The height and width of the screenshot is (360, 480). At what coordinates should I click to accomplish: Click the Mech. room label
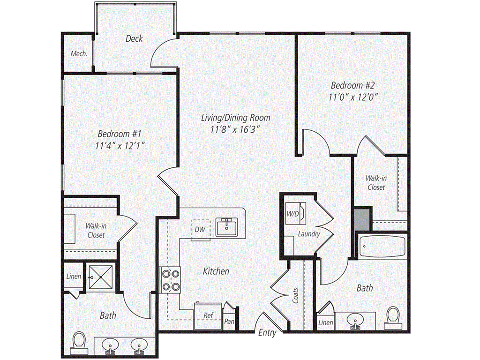(x=79, y=54)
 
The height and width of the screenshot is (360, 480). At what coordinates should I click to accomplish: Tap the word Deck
(x=134, y=39)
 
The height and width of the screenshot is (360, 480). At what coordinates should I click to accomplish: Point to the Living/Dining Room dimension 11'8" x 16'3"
(x=235, y=130)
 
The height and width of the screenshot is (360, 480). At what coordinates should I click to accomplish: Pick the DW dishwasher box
(x=200, y=229)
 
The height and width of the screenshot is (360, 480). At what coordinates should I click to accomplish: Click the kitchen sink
(x=227, y=227)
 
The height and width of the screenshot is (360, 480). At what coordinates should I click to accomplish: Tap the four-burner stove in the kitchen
(x=170, y=279)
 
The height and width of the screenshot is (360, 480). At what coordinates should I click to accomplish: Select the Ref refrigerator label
(x=209, y=315)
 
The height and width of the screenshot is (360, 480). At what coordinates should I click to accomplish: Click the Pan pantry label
(x=230, y=322)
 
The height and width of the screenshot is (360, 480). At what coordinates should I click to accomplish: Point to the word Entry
(x=267, y=333)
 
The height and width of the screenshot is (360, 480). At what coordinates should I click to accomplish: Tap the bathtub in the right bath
(x=382, y=246)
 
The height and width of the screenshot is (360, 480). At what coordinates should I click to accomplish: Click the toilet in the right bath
(x=393, y=317)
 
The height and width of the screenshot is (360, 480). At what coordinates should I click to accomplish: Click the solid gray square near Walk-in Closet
(x=362, y=218)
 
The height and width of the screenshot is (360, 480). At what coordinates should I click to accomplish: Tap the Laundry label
(x=309, y=233)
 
